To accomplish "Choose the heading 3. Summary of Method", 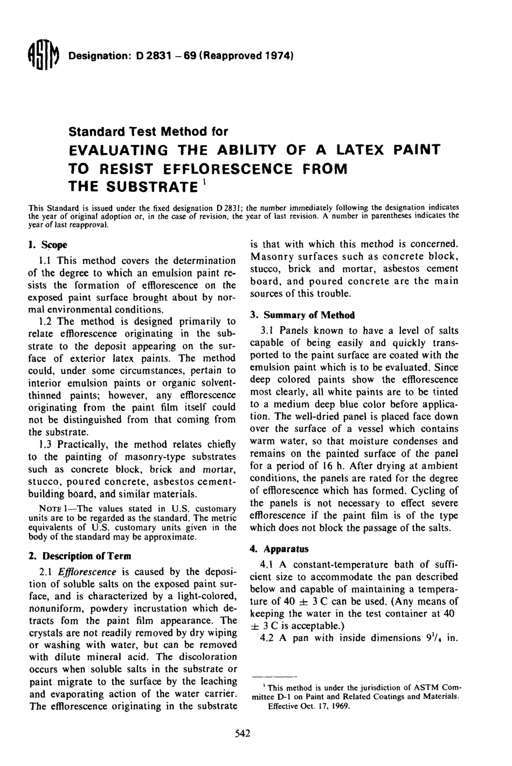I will (302, 315).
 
